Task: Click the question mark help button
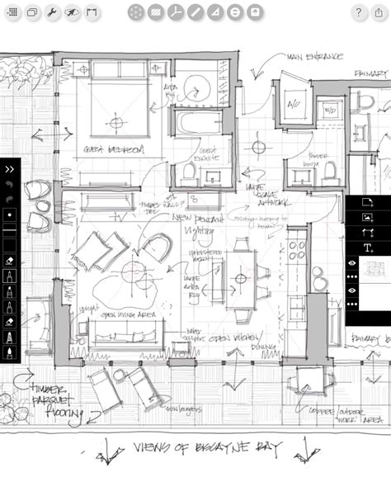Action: click(359, 12)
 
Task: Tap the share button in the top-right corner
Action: click(379, 12)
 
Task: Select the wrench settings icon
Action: click(51, 12)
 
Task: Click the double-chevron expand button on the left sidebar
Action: click(10, 168)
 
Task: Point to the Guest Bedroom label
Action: click(113, 149)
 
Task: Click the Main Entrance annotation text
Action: click(315, 57)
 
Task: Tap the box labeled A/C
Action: click(293, 105)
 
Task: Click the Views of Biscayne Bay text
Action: click(206, 449)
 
